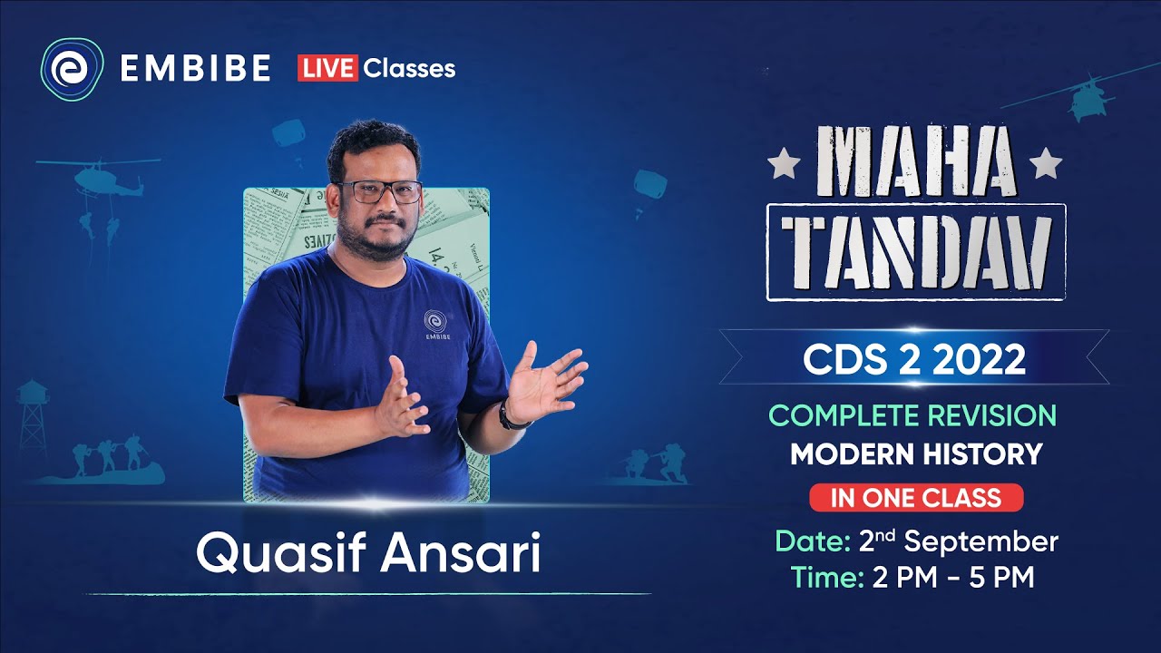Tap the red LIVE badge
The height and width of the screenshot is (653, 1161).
(327, 68)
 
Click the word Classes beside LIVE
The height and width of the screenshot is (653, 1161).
(409, 68)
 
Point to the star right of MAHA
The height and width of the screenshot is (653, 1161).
(1046, 164)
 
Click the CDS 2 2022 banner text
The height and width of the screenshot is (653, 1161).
(914, 360)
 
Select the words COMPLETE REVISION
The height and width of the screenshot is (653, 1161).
(912, 415)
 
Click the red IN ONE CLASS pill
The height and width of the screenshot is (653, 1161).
(916, 497)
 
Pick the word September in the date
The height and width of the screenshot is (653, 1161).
(981, 541)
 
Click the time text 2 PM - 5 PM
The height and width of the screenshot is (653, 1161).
(951, 578)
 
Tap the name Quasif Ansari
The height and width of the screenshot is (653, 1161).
(368, 554)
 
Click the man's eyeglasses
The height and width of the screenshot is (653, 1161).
(378, 192)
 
